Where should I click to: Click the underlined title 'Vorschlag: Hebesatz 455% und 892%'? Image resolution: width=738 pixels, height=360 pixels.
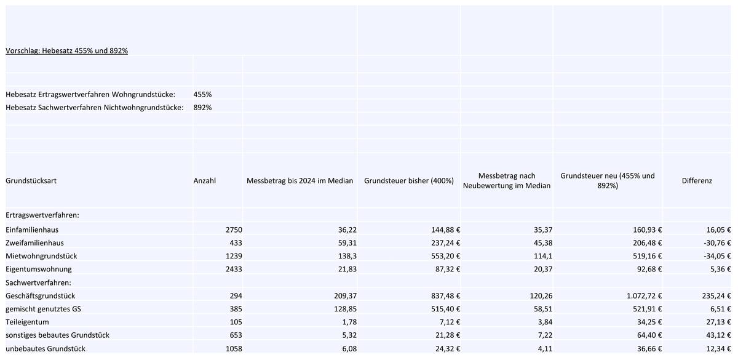coord(66,50)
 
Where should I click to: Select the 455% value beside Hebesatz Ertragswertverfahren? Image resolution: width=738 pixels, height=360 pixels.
coord(202,95)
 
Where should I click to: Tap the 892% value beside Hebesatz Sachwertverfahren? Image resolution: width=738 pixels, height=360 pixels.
coord(202,108)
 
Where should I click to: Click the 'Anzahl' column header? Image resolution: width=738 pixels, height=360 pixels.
coord(205,181)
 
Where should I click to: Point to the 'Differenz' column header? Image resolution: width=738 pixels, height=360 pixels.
coord(697,181)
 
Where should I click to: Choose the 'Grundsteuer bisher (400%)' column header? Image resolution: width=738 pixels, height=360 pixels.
coord(409,181)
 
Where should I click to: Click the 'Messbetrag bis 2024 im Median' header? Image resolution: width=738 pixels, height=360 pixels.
coord(300,181)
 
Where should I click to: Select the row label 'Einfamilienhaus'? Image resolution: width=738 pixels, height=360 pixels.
coord(32,230)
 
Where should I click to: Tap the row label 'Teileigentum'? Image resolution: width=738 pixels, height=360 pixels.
coord(27,322)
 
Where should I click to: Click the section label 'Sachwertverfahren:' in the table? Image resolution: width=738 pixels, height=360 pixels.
coord(38,283)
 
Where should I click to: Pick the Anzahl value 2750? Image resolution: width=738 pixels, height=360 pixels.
coord(234,230)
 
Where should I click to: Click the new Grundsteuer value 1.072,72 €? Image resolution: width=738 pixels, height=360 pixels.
coord(644,296)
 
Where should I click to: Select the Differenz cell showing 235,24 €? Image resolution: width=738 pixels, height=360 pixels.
coord(716,296)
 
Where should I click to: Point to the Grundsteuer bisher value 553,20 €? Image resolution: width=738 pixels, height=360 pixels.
coord(445,256)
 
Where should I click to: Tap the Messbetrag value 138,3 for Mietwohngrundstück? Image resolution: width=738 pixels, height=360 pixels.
coord(347,256)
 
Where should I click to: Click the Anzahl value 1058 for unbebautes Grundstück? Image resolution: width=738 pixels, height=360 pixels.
coord(234,349)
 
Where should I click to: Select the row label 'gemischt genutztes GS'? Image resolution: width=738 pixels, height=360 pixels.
coord(43,309)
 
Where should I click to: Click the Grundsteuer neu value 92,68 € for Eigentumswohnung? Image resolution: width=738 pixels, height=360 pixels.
coord(649,270)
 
